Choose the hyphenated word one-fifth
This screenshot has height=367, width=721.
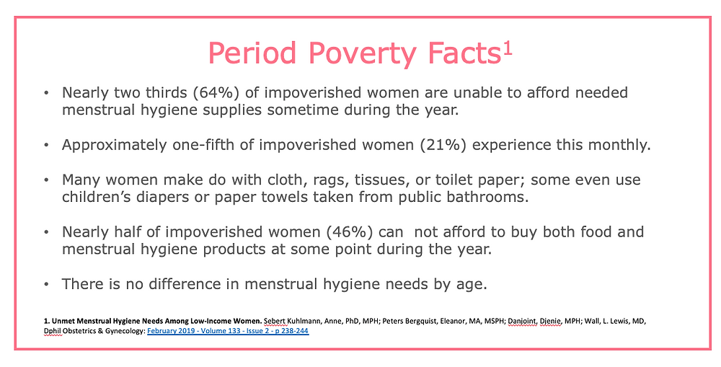199,144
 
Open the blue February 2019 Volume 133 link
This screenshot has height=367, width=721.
229,332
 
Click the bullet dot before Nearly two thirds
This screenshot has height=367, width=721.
47,94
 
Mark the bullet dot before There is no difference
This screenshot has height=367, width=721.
47,285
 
